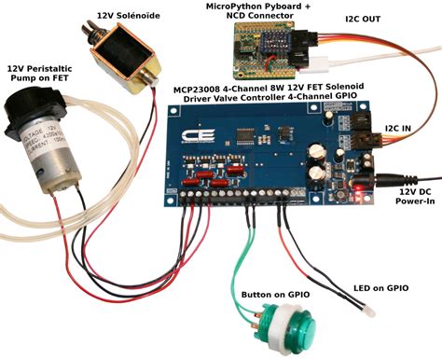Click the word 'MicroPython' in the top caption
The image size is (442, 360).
coord(238,7)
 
